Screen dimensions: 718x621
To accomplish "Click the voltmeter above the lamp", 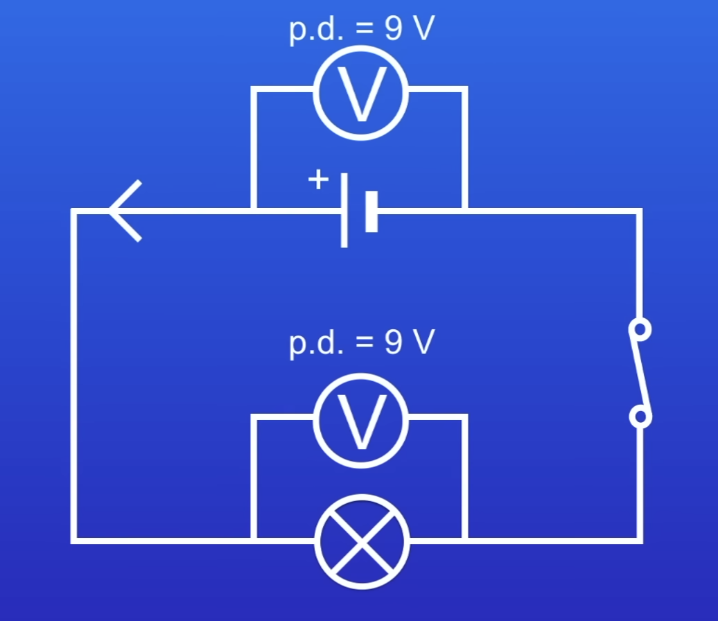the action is pyautogui.click(x=360, y=419).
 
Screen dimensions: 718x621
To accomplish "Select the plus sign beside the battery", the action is pyautogui.click(x=318, y=180).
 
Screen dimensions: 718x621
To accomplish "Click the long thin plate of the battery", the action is pyautogui.click(x=344, y=211).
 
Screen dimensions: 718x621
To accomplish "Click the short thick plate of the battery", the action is pyautogui.click(x=371, y=211).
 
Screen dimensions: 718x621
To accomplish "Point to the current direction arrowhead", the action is pyautogui.click(x=125, y=211).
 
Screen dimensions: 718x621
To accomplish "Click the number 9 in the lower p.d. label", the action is pyautogui.click(x=392, y=342).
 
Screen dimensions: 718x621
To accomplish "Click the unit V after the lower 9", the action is pyautogui.click(x=422, y=342).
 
